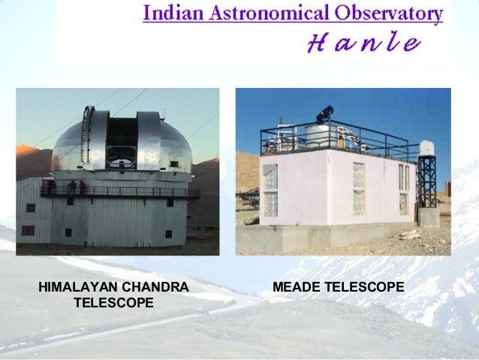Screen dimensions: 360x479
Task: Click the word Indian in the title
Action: (170, 14)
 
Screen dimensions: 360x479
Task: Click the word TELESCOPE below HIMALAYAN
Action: (114, 302)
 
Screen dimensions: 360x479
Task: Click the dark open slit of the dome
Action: (121, 140)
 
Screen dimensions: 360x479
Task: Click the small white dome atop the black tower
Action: (426, 148)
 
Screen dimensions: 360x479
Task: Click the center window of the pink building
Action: (359, 189)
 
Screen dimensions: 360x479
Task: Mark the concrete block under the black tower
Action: (429, 217)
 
